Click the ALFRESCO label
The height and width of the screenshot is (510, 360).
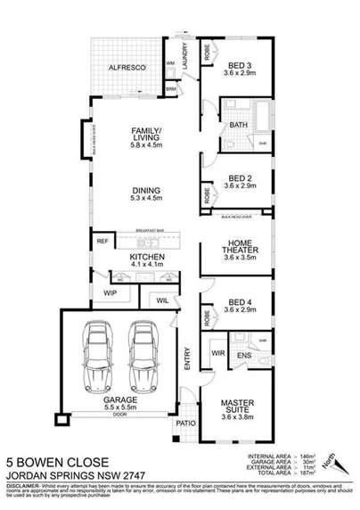[127, 67]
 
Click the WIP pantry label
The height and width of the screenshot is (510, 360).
[110, 292]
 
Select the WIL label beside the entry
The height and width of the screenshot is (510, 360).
[162, 300]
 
